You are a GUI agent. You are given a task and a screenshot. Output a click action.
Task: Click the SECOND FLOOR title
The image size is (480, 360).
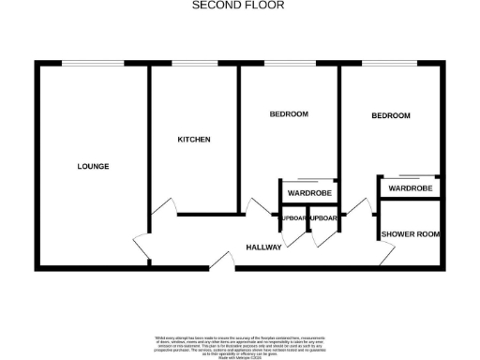click(x=238, y=5)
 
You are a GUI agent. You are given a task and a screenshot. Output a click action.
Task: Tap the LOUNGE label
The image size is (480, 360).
click(x=93, y=167)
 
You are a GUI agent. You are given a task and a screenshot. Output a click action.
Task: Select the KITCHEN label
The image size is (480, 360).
click(x=194, y=140)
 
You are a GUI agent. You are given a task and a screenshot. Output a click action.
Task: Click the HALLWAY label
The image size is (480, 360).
click(x=264, y=247)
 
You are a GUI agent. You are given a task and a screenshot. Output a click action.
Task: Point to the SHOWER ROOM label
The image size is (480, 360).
click(x=411, y=234)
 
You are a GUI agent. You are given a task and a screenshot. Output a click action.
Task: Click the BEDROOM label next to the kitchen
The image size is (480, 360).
click(x=289, y=114)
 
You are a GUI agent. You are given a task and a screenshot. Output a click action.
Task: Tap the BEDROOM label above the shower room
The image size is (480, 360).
click(x=391, y=116)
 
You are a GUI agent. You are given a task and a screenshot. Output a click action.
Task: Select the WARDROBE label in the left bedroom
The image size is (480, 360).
click(x=309, y=193)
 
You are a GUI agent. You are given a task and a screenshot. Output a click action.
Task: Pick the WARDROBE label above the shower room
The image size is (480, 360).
click(x=411, y=188)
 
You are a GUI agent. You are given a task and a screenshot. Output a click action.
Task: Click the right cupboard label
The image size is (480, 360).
click(x=324, y=218)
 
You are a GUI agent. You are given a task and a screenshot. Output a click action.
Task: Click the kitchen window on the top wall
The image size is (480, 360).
click(x=194, y=64)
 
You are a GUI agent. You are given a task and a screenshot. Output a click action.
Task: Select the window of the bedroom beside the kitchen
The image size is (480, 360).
click(x=290, y=64)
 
